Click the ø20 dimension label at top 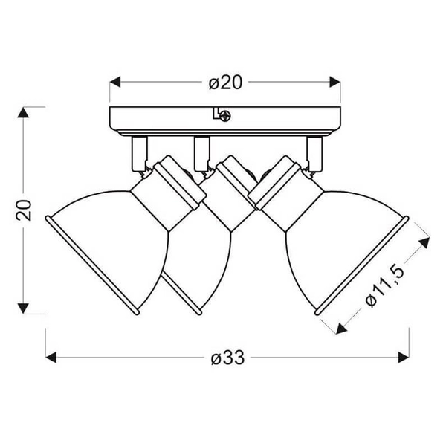point(225,83)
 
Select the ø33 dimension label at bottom point(227,358)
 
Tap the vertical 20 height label point(25,210)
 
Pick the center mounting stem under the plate point(200,152)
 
